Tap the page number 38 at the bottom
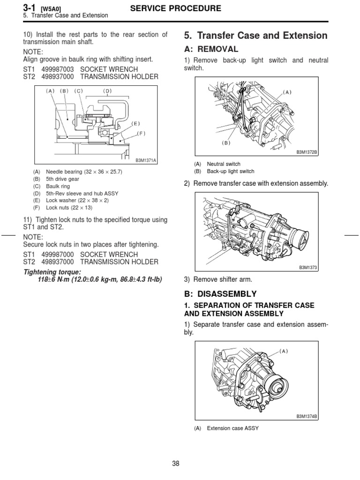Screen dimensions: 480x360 pos(176,464)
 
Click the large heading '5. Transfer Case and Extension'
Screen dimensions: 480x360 pos(255,36)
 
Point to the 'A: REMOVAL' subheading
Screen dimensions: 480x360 pos(212,49)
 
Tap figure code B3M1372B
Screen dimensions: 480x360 pos(307,152)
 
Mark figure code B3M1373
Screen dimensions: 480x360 pos(308,268)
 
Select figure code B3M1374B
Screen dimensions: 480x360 pos(307,416)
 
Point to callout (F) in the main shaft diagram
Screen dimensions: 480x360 pos(141,133)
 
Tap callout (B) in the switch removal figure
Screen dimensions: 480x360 pos(226,143)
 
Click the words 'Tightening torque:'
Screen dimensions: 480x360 pos(52,272)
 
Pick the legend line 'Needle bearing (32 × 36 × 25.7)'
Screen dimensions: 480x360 pos(84,172)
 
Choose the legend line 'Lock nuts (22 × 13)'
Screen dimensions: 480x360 pos(69,207)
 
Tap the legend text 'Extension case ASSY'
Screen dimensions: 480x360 pos(232,428)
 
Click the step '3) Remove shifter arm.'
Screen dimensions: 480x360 pos(218,280)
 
